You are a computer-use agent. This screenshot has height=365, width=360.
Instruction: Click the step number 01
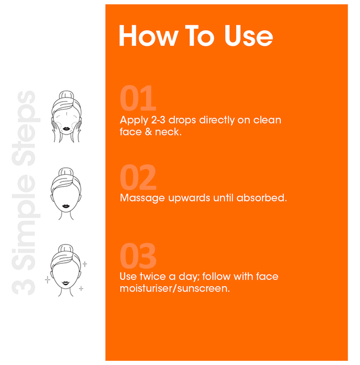tap(138, 98)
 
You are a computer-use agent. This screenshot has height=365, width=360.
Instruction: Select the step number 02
tap(138, 177)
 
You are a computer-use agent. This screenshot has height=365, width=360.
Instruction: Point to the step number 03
tap(138, 256)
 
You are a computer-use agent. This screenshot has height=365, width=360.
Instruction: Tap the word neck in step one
tap(167, 132)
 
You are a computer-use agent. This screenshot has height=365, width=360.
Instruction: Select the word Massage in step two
tap(142, 198)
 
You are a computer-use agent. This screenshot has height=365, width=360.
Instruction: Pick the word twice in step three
tap(152, 276)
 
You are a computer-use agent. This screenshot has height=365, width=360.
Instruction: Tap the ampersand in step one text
tap(148, 132)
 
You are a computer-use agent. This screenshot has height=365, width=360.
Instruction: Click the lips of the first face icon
tap(66, 129)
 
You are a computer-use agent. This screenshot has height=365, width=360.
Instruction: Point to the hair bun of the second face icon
tap(66, 172)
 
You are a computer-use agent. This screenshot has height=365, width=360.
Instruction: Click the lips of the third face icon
tap(66, 283)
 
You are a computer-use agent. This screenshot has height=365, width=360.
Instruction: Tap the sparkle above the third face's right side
tap(85, 264)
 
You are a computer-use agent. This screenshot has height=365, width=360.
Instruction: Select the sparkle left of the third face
tap(47, 279)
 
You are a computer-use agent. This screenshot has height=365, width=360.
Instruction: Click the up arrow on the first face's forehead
tap(67, 114)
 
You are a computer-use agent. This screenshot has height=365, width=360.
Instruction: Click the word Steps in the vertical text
tap(26, 128)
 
